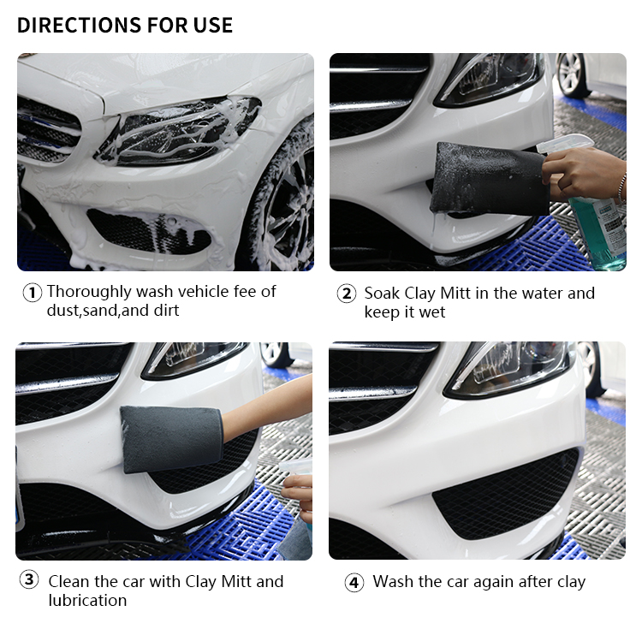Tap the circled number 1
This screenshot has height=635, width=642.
click(32, 293)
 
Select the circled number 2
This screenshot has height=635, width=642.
click(347, 294)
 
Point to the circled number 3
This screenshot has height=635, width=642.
click(29, 579)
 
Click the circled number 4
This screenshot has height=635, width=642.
click(354, 583)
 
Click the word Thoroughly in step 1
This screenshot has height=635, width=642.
click(89, 293)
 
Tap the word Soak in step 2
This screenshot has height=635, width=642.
click(382, 294)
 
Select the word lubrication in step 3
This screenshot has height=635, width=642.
click(87, 600)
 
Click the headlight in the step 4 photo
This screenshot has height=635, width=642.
click(508, 369)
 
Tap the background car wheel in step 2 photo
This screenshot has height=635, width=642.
click(573, 76)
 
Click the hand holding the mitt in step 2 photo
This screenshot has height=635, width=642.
click(584, 173)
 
